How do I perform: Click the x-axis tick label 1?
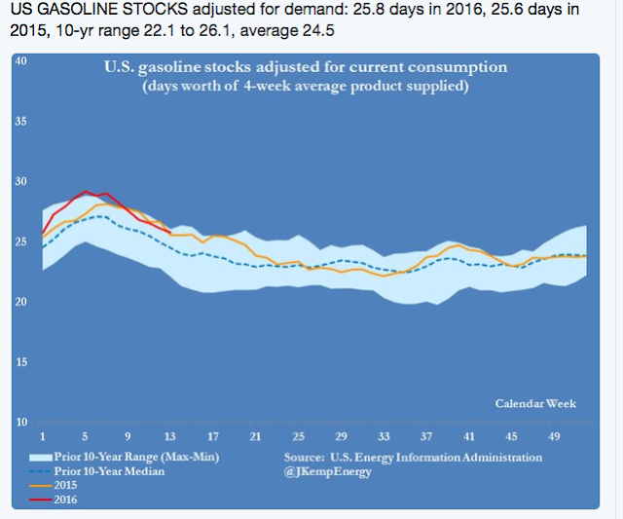click(x=42, y=434)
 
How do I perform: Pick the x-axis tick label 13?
click(x=170, y=434)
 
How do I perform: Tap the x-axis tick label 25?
click(x=298, y=434)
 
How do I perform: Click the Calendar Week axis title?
click(x=535, y=403)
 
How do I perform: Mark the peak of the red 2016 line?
click(x=86, y=192)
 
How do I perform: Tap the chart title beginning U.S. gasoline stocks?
click(x=307, y=68)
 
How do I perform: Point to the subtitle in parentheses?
click(x=307, y=86)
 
